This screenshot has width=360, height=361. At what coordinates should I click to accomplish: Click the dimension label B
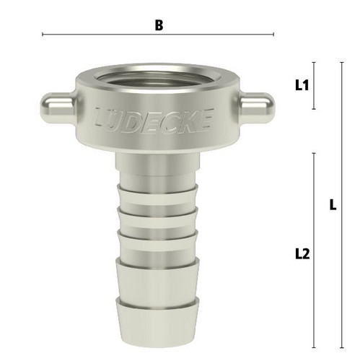point(159,25)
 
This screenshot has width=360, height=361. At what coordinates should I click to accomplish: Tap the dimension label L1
point(302,85)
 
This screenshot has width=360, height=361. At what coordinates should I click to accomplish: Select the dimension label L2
point(302,254)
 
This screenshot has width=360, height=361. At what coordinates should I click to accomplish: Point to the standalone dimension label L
point(333,205)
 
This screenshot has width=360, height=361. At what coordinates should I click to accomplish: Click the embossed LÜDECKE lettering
point(154,121)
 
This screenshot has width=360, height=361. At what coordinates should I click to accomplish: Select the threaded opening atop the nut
point(157,78)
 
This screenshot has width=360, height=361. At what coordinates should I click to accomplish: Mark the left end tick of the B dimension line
point(43,35)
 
